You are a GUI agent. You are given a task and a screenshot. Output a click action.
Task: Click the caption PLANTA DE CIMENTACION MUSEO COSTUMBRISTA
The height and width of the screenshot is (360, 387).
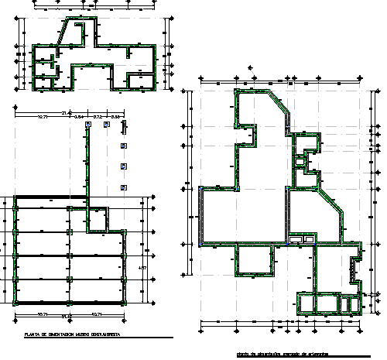point(71,334)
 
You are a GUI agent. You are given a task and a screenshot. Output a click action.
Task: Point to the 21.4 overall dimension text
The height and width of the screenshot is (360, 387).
point(67,111)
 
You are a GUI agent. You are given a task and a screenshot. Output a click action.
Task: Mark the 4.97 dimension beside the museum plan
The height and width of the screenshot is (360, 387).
point(141,268)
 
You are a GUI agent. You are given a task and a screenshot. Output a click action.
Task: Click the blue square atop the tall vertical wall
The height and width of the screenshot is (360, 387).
point(87,124)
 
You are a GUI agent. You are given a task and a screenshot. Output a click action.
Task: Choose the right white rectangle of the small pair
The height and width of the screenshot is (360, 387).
point(309,240)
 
